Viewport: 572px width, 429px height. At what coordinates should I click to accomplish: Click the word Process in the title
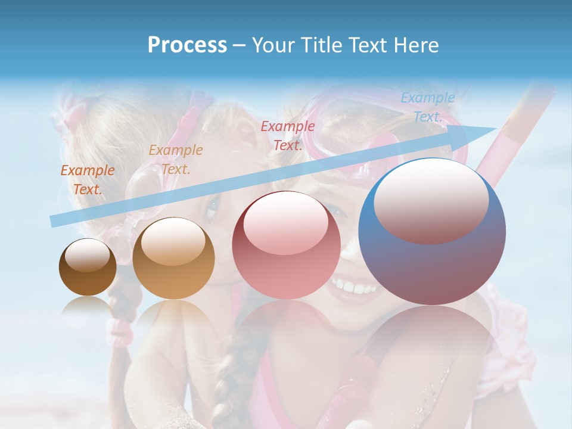point(187,45)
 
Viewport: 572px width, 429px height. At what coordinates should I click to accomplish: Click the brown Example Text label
point(88,180)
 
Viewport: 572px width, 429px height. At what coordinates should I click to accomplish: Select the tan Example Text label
point(176,160)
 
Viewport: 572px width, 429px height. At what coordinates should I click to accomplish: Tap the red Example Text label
point(288,136)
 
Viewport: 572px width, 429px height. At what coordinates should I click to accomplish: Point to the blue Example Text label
point(427,107)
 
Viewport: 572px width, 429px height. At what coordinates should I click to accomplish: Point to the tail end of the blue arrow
point(54,221)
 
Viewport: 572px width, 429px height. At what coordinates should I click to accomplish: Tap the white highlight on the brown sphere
point(87,255)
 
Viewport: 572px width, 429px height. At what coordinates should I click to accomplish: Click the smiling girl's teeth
point(355,288)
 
